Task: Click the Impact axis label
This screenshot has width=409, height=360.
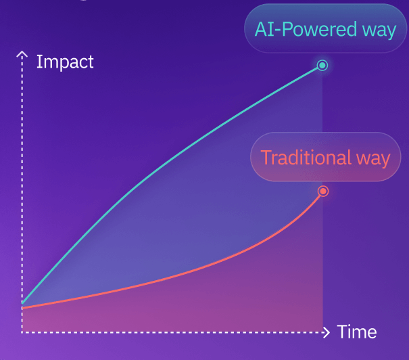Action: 65,62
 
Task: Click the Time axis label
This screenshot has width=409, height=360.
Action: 356,332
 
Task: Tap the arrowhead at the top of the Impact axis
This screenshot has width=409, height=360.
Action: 22,54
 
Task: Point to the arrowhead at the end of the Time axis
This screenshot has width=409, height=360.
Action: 327,332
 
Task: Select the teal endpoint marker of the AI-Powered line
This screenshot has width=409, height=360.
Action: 322,66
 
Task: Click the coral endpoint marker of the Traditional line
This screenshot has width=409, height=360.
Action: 323,191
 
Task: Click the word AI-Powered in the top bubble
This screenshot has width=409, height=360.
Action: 297,29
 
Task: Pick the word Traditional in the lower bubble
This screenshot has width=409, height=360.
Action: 296,158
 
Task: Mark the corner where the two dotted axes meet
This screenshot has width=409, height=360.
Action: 22,332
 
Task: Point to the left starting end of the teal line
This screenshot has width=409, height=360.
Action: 22,302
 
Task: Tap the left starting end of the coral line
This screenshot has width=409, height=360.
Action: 22,308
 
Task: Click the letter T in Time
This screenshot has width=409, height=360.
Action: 341,332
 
